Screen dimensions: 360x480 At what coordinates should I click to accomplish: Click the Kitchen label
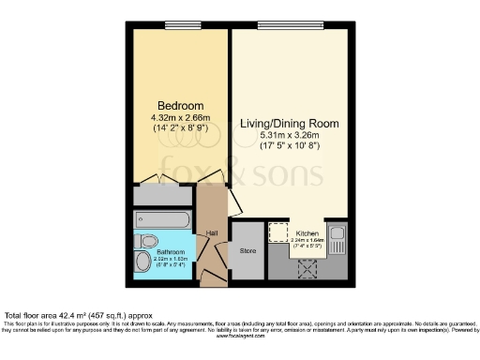tap(308, 232)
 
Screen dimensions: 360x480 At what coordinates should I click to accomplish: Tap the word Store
tap(247, 250)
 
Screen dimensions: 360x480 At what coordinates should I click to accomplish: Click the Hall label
tap(212, 232)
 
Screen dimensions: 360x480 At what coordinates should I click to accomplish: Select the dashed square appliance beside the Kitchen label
tap(278, 232)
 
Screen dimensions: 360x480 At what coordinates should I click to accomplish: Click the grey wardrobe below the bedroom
tap(163, 195)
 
